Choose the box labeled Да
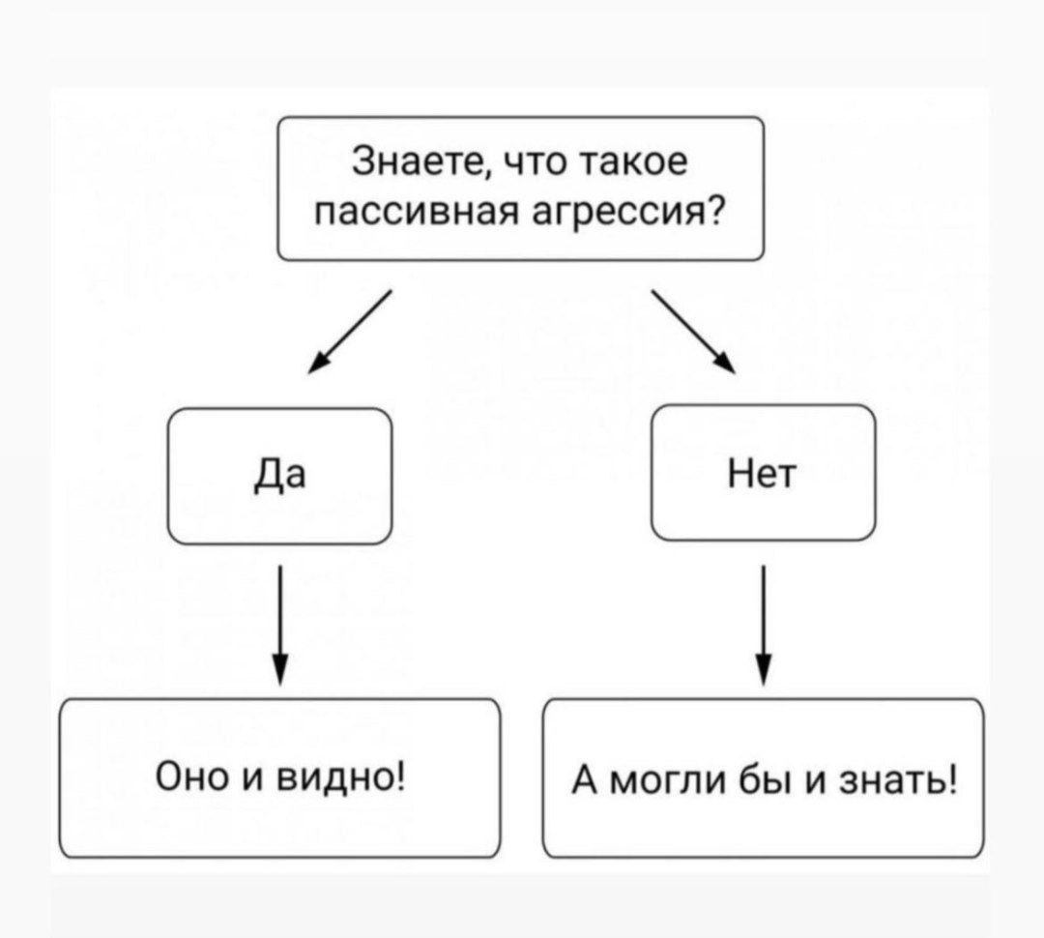click(280, 476)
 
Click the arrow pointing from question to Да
click(349, 330)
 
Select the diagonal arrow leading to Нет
click(693, 330)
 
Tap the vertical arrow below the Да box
click(279, 625)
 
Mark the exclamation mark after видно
click(399, 776)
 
